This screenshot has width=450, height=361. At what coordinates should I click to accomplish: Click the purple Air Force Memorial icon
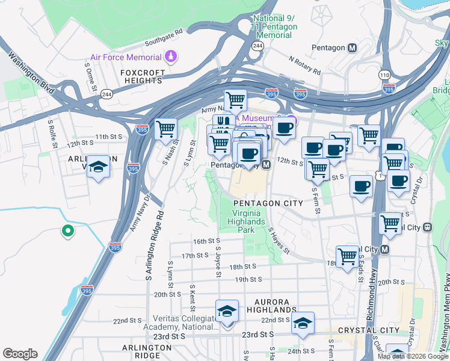171,57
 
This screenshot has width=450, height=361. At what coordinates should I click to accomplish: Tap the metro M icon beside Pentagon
353,48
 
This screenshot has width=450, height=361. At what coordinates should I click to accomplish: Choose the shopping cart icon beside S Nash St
165,128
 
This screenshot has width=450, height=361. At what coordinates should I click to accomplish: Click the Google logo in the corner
20,354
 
